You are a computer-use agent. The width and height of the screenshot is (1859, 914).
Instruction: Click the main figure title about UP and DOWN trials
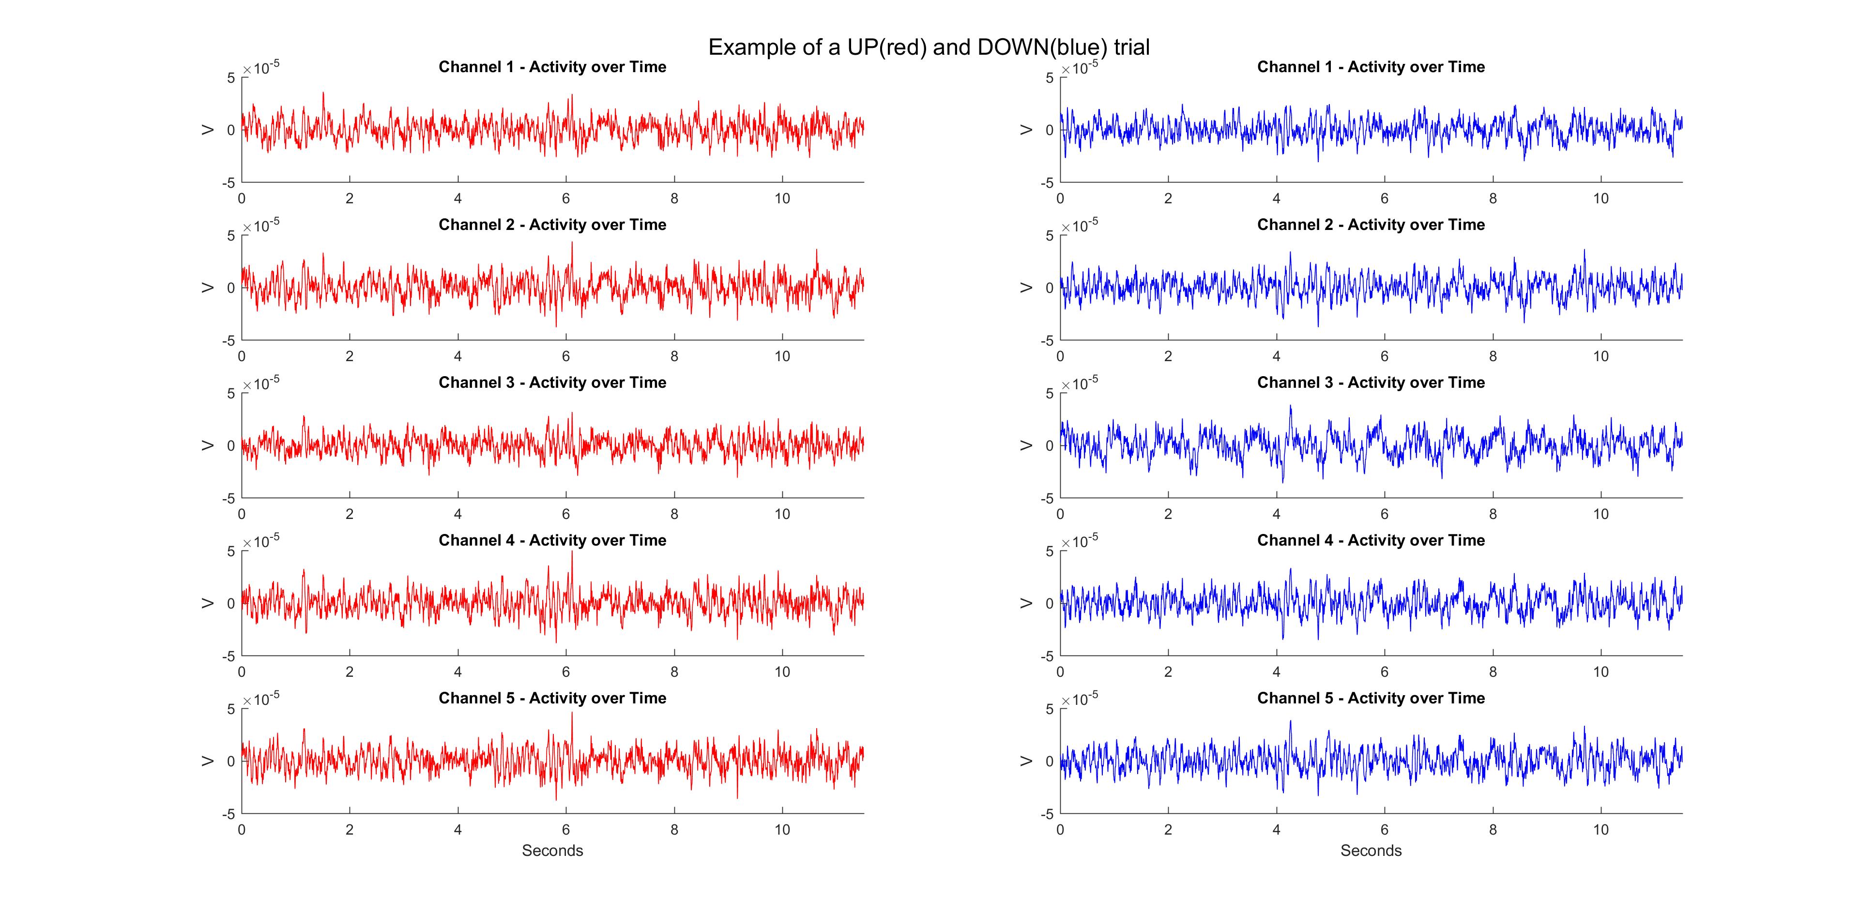pyautogui.click(x=929, y=47)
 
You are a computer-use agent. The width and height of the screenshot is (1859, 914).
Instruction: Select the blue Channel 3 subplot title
pyautogui.click(x=1371, y=382)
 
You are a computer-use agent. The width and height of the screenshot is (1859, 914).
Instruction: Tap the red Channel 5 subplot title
pyautogui.click(x=552, y=698)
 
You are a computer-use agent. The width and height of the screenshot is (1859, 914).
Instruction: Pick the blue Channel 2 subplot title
pyautogui.click(x=1371, y=224)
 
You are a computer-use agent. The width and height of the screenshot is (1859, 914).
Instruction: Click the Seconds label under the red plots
pyautogui.click(x=552, y=851)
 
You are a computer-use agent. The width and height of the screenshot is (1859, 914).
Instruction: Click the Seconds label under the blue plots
pyautogui.click(x=1371, y=851)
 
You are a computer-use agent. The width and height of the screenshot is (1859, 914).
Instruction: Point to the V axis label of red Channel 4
pyautogui.click(x=208, y=603)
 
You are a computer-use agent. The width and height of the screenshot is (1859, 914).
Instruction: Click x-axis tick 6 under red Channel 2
pyautogui.click(x=566, y=356)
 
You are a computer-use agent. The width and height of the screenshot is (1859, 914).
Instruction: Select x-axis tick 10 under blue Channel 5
pyautogui.click(x=1600, y=830)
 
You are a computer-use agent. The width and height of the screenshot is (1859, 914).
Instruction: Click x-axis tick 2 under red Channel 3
pyautogui.click(x=349, y=514)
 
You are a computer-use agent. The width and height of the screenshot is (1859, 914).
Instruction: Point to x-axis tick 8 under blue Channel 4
pyautogui.click(x=1493, y=671)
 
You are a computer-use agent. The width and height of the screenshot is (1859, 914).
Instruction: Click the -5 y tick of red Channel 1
pyautogui.click(x=228, y=183)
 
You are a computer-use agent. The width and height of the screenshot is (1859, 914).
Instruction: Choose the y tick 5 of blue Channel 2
pyautogui.click(x=1049, y=236)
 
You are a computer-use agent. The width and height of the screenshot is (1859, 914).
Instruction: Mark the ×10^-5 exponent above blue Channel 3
pyautogui.click(x=1080, y=382)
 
